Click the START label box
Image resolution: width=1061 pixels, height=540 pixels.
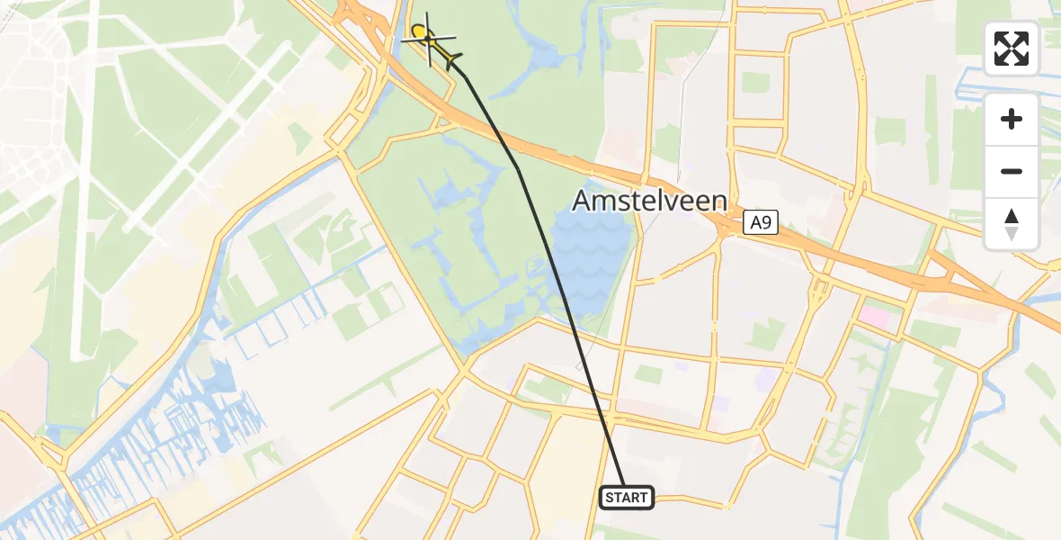pyautogui.click(x=626, y=497)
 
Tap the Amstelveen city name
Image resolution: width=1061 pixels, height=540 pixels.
pyautogui.click(x=649, y=200)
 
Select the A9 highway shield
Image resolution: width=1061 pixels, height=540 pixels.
pyautogui.click(x=761, y=223)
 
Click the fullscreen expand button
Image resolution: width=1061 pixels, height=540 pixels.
pyautogui.click(x=1012, y=49)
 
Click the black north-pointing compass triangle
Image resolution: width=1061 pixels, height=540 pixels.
pyautogui.click(x=1012, y=217)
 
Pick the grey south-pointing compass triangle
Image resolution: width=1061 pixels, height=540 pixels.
pyautogui.click(x=1012, y=234)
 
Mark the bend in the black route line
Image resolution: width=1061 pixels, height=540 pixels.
pyautogui.click(x=519, y=168)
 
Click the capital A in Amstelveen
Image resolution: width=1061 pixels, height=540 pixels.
pyautogui.click(x=582, y=200)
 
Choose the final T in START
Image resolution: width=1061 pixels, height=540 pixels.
pyautogui.click(x=642, y=498)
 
